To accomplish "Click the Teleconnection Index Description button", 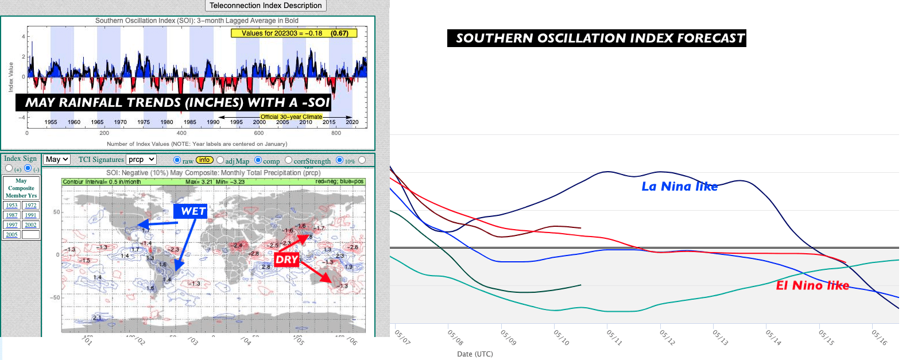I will (x=265, y=6).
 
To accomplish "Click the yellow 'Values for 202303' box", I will (x=294, y=33).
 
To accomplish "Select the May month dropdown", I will (x=57, y=160).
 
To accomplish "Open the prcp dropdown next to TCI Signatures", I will (x=141, y=160).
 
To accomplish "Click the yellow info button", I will (x=204, y=160).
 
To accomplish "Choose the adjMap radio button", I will (x=220, y=160).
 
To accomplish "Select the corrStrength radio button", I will (x=289, y=160).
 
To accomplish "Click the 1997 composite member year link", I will (x=12, y=225).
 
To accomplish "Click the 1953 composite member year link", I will (x=12, y=206).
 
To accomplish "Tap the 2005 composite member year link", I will (x=12, y=235).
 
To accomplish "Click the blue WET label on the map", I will (x=192, y=211).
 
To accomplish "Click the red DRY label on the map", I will (x=286, y=260).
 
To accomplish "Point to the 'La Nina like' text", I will (x=679, y=187).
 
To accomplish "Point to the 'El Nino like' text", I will (x=812, y=286).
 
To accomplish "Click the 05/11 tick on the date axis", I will (x=614, y=337).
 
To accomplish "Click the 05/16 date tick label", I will (x=879, y=337).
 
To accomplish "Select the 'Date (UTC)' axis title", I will (x=475, y=354).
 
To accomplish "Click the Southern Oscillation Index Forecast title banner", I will (x=597, y=38).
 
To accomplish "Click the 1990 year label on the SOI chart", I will (x=213, y=122).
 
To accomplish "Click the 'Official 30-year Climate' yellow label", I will (x=291, y=117).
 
